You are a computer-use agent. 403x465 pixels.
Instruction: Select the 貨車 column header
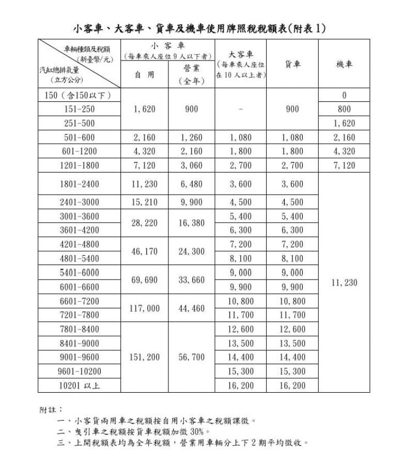point(292,64)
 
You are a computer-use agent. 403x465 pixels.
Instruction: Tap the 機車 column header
point(344,64)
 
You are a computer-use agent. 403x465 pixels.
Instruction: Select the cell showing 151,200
point(144,357)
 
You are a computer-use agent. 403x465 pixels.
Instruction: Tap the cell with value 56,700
point(191,357)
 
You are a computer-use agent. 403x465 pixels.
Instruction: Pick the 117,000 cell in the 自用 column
point(144,308)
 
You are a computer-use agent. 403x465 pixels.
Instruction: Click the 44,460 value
point(191,308)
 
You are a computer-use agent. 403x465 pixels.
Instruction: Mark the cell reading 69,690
point(144,280)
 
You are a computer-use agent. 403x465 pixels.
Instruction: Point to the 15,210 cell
point(144,202)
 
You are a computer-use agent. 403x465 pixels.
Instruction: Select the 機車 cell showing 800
point(344,109)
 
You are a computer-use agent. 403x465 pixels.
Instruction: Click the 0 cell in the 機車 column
point(344,95)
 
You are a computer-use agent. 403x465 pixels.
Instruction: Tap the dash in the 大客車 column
point(240,110)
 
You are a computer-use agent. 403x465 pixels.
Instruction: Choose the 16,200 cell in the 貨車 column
point(292,385)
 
